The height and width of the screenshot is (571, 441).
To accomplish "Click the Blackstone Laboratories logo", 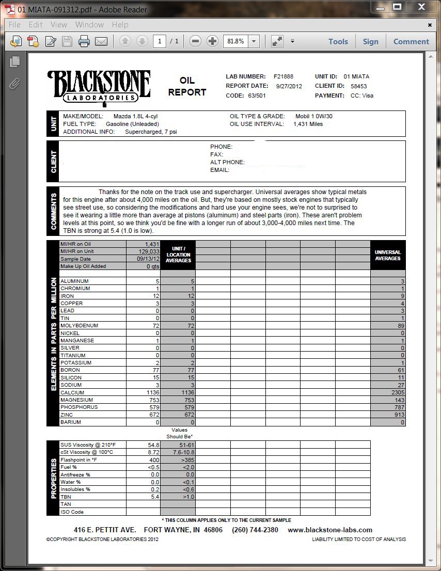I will pos(99,87).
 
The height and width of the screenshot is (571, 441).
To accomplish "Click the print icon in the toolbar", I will pos(84,42).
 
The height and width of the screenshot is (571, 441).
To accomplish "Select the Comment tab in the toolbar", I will pos(411,42).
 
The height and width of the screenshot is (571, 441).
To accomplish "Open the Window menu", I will pos(89,25).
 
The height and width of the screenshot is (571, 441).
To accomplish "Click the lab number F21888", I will pos(283,76).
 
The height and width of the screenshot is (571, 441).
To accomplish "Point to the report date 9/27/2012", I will pos(289,86).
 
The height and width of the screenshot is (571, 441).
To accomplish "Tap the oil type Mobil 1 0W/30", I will pos(313,116).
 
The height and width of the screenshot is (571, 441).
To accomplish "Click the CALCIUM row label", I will pos(72,392).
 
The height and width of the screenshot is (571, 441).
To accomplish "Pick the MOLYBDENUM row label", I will pos(79,326).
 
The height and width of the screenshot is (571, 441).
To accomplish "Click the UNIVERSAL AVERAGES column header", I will pos(388,255).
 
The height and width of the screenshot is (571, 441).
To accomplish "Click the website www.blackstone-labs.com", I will pos(330,530).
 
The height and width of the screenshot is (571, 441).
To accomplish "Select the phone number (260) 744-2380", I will pos(255,530).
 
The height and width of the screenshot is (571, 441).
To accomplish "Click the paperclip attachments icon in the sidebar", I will pos(15,84).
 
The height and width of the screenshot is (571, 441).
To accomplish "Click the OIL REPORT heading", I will pos(187,87).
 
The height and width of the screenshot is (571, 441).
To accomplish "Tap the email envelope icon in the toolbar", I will pos(101,42).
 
